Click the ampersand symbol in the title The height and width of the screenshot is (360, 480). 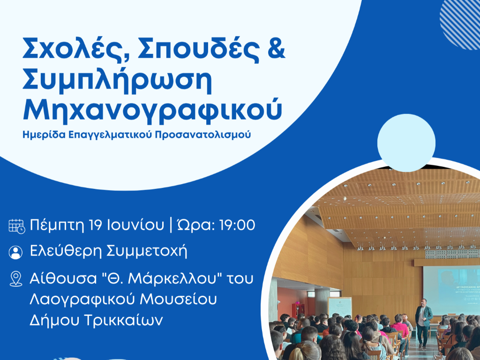(277, 49)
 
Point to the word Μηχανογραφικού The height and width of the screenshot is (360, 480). (152, 111)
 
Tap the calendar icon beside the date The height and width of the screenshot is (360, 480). (16, 226)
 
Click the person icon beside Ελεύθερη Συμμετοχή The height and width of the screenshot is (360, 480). (15, 252)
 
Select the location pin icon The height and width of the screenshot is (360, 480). (15, 279)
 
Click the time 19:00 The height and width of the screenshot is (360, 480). (237, 225)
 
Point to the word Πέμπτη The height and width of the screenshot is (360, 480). (57, 225)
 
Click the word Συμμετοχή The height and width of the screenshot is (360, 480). (147, 252)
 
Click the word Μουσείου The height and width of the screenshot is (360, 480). (178, 299)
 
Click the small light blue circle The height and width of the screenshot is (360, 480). (406, 143)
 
